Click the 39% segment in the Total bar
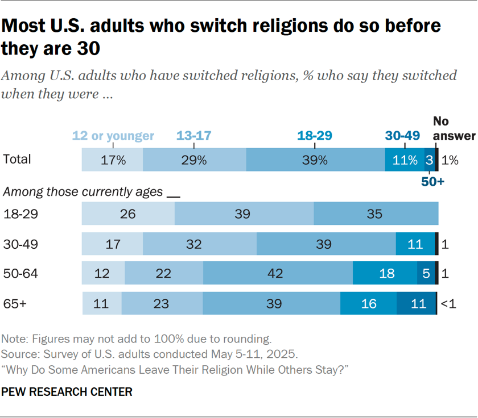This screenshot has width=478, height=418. [x=315, y=160]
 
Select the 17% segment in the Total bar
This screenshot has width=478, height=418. [x=113, y=160]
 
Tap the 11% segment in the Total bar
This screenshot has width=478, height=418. [x=405, y=160]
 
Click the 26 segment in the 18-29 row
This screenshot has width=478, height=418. [x=128, y=214]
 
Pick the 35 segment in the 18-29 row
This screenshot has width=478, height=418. [x=376, y=214]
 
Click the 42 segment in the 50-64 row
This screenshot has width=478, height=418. [x=278, y=273]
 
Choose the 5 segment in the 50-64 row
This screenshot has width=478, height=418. [x=426, y=273]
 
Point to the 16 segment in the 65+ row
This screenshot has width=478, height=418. [x=368, y=303]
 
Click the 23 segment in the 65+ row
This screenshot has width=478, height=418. [x=162, y=303]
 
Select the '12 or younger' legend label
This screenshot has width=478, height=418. [x=113, y=136]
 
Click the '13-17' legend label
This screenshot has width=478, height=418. [x=193, y=136]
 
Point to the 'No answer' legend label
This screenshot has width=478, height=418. [x=454, y=128]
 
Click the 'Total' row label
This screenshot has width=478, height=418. [x=17, y=160]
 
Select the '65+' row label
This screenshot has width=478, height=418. [x=15, y=303]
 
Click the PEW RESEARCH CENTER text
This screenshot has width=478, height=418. [x=67, y=392]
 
